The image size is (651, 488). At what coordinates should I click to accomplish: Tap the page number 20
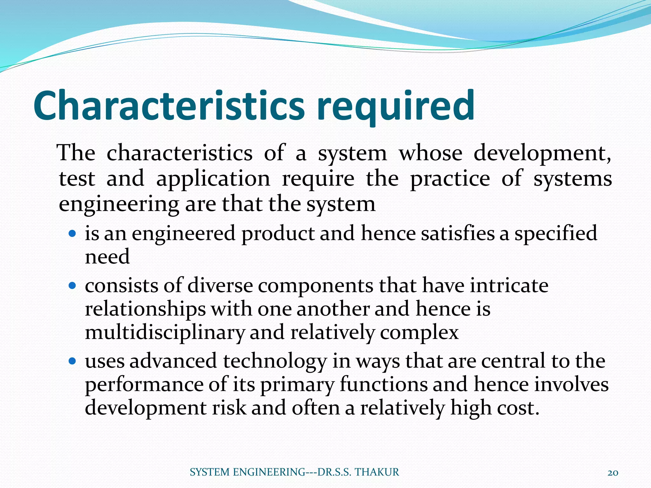tap(613, 473)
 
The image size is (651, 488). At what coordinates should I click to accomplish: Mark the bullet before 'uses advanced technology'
tap(73, 361)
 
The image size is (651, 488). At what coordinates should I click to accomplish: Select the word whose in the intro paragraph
tap(430, 153)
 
